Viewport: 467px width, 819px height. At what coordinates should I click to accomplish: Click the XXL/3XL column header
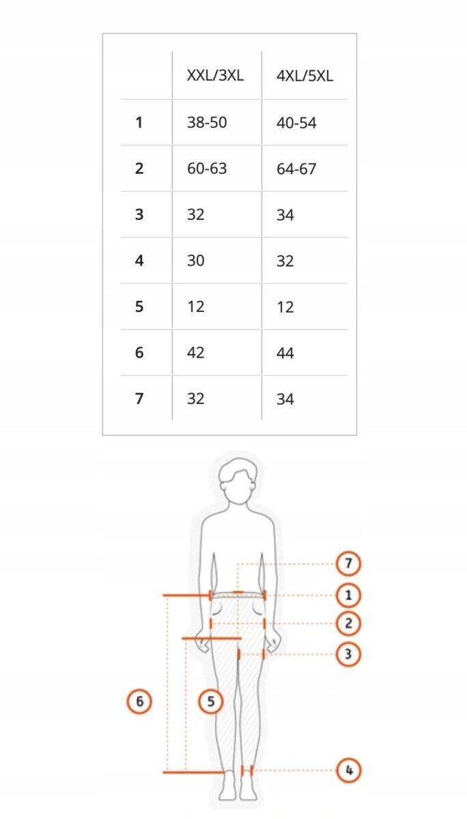[x=215, y=76]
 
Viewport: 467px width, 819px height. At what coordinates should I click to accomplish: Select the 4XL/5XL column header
[x=305, y=76]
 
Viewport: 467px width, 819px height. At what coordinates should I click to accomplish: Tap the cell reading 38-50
[x=207, y=122]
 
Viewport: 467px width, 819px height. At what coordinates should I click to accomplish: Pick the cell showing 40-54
[x=296, y=123]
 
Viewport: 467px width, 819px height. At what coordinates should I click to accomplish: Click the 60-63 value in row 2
[x=207, y=168]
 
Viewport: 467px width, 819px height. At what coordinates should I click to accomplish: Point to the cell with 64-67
[x=296, y=169]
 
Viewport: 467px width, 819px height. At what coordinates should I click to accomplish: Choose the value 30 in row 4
[x=196, y=261]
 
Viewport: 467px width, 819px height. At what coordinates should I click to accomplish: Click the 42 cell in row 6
[x=196, y=352]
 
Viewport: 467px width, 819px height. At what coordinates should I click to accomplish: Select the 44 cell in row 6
[x=285, y=354]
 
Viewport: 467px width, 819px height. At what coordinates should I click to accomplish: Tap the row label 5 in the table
[x=139, y=306]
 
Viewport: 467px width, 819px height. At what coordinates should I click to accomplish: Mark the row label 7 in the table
[x=139, y=399]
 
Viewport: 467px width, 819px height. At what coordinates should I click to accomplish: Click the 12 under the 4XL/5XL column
[x=285, y=307]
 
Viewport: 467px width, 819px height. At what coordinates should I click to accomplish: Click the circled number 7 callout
[x=348, y=564]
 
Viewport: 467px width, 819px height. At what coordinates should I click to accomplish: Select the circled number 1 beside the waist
[x=348, y=595]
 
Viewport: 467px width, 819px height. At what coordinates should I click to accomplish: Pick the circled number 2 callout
[x=348, y=623]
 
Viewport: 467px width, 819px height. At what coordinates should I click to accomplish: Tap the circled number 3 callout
[x=348, y=654]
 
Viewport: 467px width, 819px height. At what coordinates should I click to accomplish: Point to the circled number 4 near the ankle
[x=349, y=771]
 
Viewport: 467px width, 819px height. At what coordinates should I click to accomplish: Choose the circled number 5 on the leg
[x=211, y=702]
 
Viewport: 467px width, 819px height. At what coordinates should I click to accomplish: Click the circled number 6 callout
[x=139, y=702]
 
